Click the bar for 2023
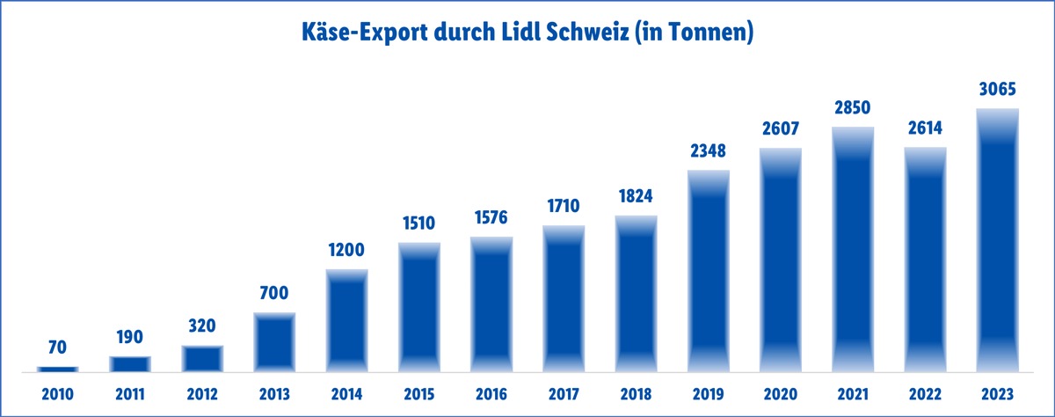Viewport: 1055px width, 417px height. [998, 242]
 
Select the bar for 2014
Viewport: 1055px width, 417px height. [347, 321]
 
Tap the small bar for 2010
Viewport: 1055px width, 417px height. [57, 369]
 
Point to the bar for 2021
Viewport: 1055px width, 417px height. [853, 251]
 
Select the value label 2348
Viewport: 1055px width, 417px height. [709, 150]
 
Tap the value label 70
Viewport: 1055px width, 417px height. [57, 348]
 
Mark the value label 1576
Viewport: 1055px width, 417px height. [491, 217]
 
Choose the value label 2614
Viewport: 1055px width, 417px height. [926, 128]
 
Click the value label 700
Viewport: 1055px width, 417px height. [274, 293]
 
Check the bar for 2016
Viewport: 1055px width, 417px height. [491, 304]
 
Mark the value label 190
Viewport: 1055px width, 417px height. [129, 337]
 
